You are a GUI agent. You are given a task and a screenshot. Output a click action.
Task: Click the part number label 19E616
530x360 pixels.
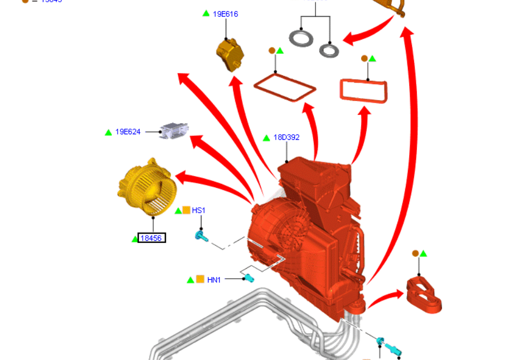[225, 14]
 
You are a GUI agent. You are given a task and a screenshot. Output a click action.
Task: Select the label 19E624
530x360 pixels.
[128, 132]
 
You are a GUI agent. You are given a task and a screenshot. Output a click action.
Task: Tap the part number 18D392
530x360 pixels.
[286, 137]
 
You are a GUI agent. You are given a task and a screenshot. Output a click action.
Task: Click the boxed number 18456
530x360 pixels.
[152, 239]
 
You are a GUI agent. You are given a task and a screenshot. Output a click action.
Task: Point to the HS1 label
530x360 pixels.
[198, 211]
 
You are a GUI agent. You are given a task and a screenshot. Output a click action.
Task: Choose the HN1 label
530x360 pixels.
[214, 280]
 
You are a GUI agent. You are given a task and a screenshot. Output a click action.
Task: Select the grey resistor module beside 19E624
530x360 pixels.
[174, 130]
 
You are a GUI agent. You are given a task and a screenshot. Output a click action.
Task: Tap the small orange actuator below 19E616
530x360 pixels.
[230, 53]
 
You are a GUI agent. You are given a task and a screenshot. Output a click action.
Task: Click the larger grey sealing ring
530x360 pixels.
[301, 39]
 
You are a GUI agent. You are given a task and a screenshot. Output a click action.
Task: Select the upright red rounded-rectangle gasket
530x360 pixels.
[363, 91]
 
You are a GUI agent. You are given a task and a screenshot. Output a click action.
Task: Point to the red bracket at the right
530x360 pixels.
[424, 294]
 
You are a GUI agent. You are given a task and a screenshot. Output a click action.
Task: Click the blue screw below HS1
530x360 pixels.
[201, 237]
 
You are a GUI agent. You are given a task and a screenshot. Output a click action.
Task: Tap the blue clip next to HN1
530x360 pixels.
[249, 278]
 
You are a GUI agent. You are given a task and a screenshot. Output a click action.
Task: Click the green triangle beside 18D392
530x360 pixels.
[268, 138]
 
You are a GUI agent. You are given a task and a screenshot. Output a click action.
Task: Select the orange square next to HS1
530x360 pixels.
[186, 211]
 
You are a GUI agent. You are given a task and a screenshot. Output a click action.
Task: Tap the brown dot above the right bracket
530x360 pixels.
[415, 254]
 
